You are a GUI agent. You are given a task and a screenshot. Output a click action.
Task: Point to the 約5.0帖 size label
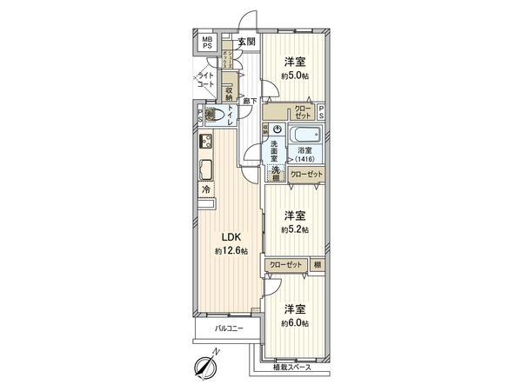click(295, 75)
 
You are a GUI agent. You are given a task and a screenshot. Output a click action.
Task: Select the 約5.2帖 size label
click(295, 229)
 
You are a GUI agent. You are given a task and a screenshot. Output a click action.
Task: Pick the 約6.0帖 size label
click(295, 322)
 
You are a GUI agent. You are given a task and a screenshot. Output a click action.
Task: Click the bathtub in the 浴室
click(304, 136)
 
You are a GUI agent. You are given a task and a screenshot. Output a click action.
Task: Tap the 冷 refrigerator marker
click(207, 189)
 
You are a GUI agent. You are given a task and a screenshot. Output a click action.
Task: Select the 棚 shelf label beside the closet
click(318, 264)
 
